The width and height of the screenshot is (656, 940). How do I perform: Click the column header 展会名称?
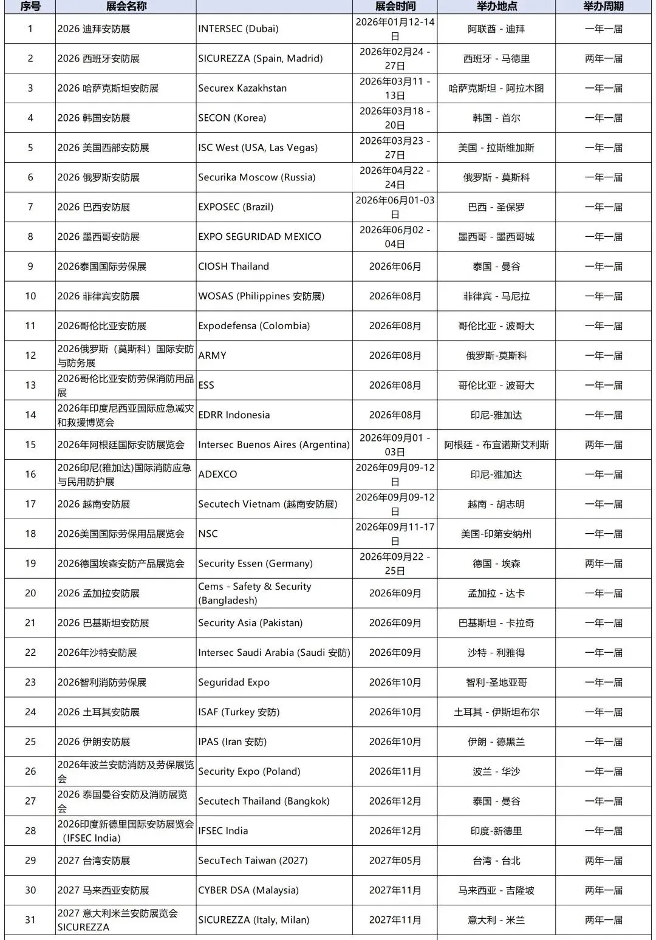click(126, 6)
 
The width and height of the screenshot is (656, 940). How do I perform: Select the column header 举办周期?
click(603, 6)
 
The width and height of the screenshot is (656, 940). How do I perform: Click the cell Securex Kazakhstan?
click(242, 88)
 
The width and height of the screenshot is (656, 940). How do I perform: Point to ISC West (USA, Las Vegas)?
click(258, 148)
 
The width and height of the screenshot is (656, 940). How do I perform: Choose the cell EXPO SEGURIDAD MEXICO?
click(259, 237)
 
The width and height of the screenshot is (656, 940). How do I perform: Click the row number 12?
click(30, 355)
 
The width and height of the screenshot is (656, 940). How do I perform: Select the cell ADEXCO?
click(217, 474)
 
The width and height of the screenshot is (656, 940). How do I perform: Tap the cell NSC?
click(208, 534)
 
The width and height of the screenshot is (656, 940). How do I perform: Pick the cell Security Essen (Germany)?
click(255, 564)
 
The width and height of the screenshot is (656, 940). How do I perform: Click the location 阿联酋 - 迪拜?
click(496, 29)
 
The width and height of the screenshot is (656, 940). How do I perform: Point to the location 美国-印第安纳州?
click(496, 534)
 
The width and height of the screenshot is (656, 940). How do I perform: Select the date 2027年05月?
click(395, 860)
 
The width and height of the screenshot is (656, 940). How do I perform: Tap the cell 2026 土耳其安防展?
click(98, 712)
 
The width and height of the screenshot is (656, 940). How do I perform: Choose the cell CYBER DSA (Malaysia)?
click(248, 890)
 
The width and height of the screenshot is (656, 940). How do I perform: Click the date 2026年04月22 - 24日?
click(395, 177)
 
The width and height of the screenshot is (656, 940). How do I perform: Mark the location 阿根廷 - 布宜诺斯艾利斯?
click(496, 444)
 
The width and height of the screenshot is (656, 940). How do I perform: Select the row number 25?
click(30, 741)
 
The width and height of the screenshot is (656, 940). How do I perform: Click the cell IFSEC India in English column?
click(223, 831)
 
